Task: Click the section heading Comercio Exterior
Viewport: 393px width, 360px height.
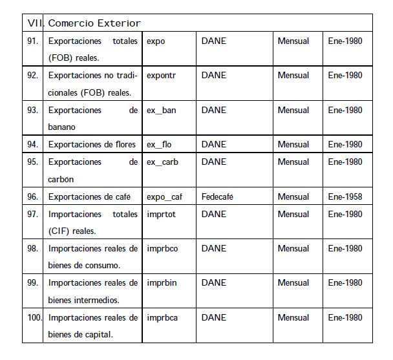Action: point(94,23)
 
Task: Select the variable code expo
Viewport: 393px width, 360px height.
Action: point(156,41)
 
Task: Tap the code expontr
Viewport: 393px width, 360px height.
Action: point(162,75)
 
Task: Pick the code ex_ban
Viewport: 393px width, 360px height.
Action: point(161,110)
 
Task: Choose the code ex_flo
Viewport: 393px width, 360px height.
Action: point(159,144)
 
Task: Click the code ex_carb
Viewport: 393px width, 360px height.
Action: point(162,162)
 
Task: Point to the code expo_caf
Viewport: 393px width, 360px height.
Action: point(165,196)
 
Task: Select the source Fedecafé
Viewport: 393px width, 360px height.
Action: point(217,196)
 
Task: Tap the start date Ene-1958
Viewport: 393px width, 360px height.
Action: point(345,196)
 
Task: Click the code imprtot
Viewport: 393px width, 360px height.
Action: point(161,214)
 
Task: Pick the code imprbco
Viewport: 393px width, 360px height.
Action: point(162,248)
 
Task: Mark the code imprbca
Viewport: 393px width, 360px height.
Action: point(162,317)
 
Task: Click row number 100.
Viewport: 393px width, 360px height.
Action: point(34,317)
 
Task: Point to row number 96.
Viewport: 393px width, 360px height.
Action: point(32,196)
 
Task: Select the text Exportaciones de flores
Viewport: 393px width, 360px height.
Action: point(92,144)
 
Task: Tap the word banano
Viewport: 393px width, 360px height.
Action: point(62,127)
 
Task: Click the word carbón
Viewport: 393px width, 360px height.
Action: point(61,179)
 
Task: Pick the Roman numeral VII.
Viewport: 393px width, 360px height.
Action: point(35,23)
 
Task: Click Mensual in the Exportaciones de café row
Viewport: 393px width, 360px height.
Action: point(293,196)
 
